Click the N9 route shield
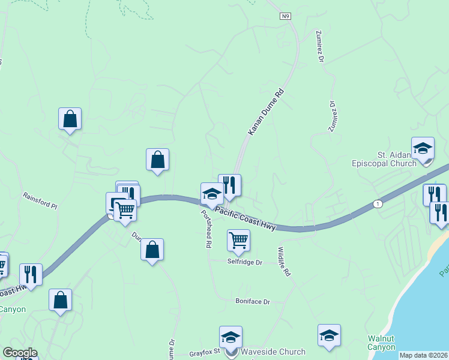(x=285, y=17)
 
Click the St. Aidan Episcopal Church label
(x=384, y=159)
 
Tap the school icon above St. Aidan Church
(x=423, y=149)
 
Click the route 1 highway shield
(x=376, y=203)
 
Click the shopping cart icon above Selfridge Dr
(x=238, y=241)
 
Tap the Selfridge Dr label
(x=245, y=262)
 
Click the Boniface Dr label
(x=253, y=301)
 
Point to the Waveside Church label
(x=273, y=352)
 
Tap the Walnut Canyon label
(x=381, y=343)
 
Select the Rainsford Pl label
(x=40, y=200)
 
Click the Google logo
(x=20, y=353)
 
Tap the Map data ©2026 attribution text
(x=423, y=355)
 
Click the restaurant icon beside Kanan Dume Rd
(x=229, y=185)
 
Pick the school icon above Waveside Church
(x=230, y=338)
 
